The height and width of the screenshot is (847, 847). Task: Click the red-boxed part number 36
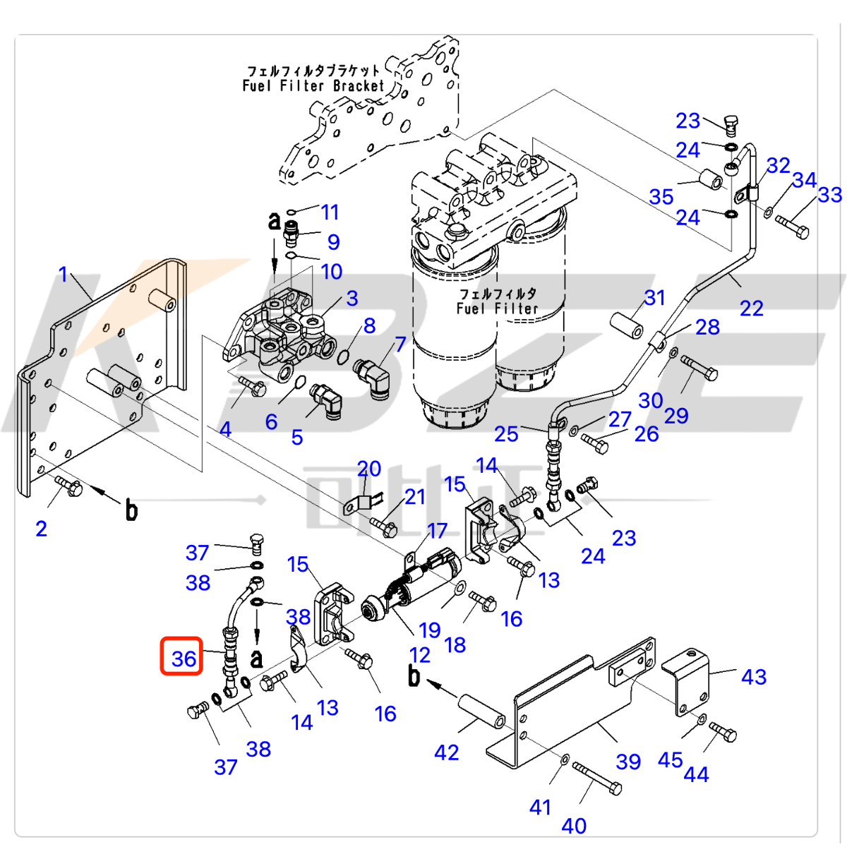(x=183, y=658)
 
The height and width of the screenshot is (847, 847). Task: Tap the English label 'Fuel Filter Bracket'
(x=313, y=86)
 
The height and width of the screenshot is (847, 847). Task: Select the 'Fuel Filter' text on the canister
(x=497, y=308)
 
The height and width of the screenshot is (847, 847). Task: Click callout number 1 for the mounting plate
(x=63, y=275)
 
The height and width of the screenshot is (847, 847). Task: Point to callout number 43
(x=754, y=677)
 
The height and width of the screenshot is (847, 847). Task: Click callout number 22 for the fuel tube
(x=751, y=308)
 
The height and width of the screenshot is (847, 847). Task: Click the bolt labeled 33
(x=793, y=227)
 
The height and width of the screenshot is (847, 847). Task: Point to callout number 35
(x=661, y=197)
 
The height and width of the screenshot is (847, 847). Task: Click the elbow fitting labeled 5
(x=326, y=400)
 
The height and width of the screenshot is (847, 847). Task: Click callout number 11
(x=330, y=212)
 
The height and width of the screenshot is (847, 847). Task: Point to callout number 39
(x=628, y=762)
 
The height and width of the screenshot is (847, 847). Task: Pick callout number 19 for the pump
(x=429, y=630)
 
